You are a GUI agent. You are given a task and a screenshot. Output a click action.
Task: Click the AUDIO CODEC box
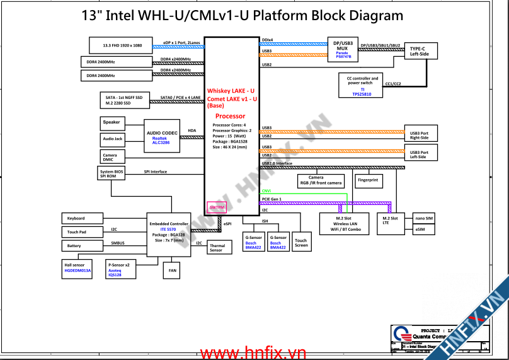pos(163,136)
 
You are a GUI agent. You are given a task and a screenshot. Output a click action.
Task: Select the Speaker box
pos(112,122)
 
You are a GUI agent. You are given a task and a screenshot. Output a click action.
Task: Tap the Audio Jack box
pos(112,139)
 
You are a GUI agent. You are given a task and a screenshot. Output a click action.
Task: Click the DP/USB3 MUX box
pos(343,50)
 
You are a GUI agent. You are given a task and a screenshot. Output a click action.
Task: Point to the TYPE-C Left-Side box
pos(420,51)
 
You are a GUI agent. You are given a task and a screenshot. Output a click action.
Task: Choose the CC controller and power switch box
pos(362,86)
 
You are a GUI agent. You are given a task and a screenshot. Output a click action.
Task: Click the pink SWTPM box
pos(216,207)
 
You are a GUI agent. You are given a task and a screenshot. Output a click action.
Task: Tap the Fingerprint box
pos(368,180)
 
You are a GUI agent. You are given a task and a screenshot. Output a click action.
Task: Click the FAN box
pos(172,270)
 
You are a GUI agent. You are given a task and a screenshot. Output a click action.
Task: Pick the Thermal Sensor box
pos(217,248)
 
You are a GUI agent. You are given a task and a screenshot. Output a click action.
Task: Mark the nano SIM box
pos(424,218)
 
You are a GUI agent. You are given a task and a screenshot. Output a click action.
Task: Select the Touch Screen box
pos(301,241)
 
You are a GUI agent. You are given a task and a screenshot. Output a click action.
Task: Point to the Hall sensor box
pos(77,268)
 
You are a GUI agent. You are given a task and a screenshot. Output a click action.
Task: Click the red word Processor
pos(231,117)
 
